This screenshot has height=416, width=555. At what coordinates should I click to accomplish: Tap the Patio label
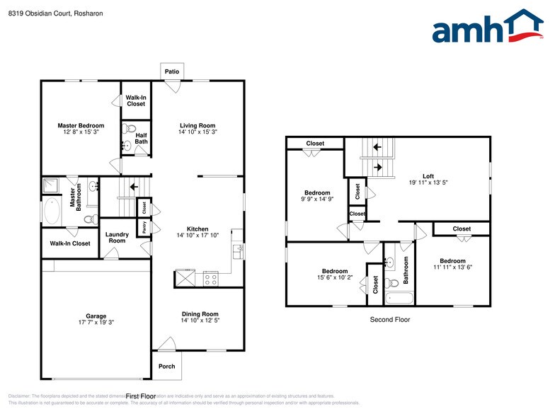[171, 71]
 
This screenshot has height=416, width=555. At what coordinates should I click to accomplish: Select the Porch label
[166, 366]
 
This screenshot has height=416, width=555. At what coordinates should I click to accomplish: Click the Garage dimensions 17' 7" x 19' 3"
[96, 322]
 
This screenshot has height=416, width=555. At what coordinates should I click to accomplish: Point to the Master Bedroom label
[81, 125]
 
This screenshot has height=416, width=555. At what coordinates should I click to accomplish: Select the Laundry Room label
[117, 237]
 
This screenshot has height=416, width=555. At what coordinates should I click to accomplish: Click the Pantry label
[144, 227]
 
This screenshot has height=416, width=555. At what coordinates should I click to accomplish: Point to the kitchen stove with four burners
[211, 278]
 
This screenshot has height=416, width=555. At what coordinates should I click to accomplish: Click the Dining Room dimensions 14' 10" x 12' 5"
[199, 320]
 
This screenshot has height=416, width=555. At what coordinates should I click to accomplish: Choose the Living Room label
[198, 125]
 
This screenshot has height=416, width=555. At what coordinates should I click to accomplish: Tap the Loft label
[428, 176]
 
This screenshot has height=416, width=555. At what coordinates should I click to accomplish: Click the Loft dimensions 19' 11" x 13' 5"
[428, 183]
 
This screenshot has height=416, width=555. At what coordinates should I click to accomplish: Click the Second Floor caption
[389, 320]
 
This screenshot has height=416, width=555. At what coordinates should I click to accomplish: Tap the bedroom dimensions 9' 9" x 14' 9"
[317, 200]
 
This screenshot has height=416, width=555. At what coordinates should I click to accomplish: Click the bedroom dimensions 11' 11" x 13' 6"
[452, 267]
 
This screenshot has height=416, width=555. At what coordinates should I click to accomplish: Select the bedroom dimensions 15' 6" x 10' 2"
[335, 278]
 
